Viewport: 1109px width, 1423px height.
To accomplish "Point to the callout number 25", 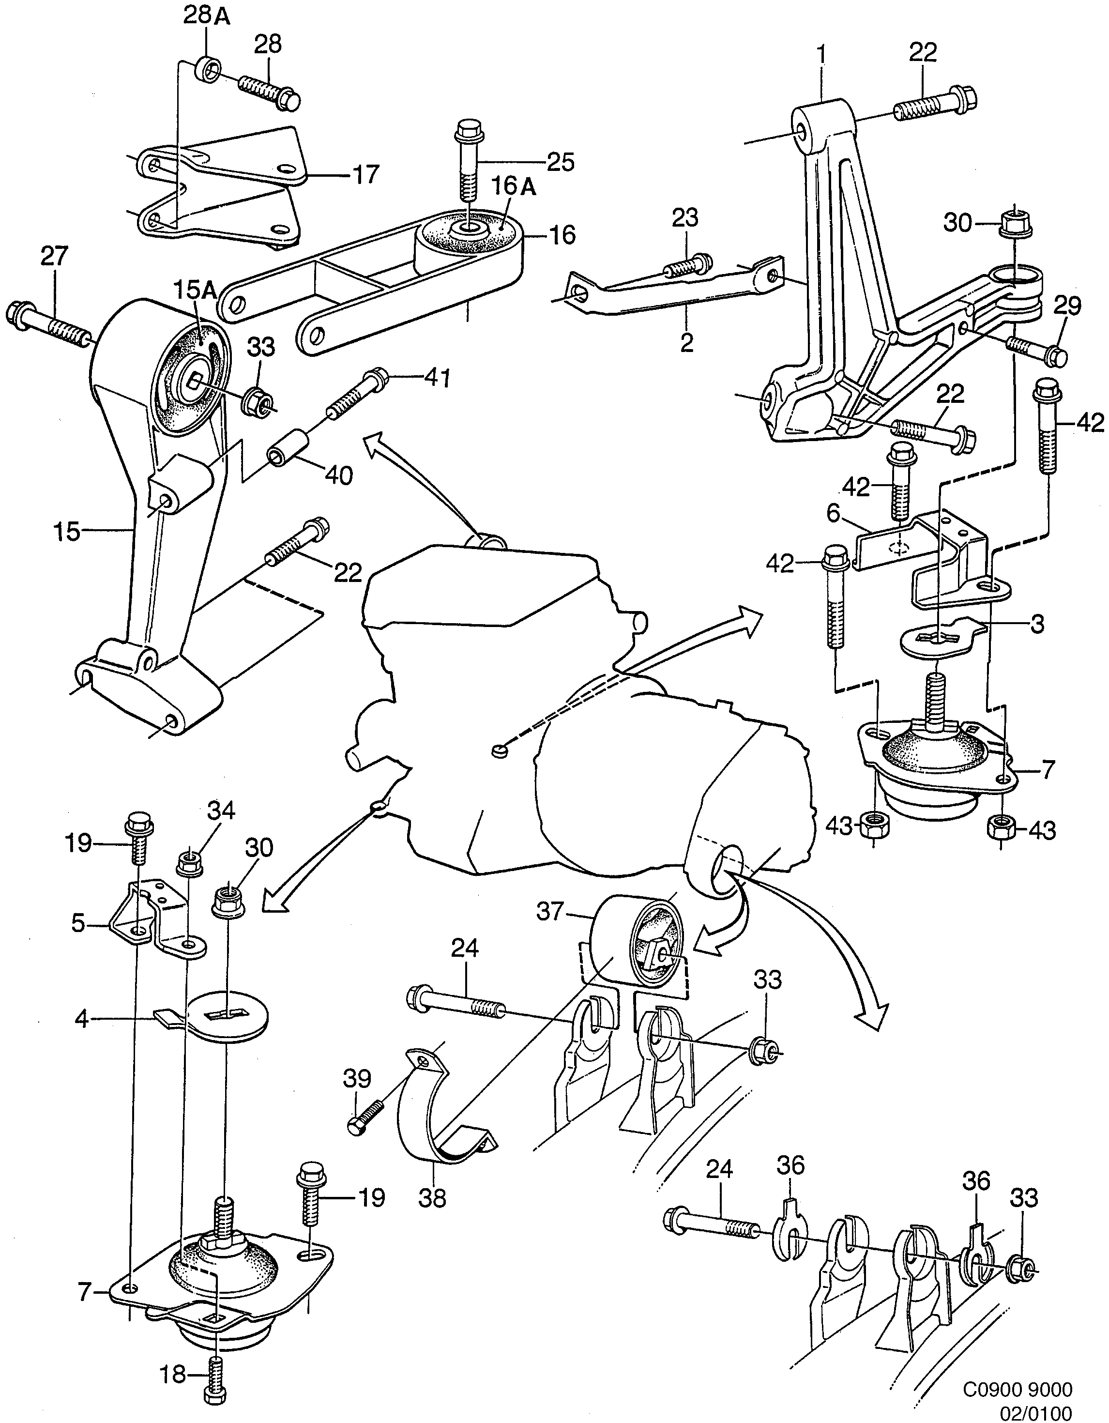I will click(x=561, y=162).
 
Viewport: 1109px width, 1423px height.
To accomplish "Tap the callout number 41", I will click(x=437, y=378).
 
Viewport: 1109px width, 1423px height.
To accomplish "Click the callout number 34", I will click(x=222, y=811).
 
